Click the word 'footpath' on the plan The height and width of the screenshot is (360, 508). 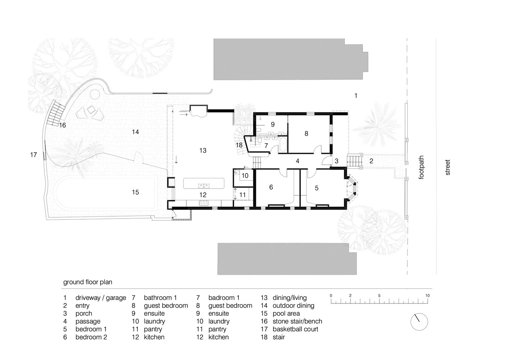tap(421, 167)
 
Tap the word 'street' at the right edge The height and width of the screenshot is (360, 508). tap(448, 167)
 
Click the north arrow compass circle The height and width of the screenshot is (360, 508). tap(419, 321)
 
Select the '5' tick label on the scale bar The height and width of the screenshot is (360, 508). tap(379, 296)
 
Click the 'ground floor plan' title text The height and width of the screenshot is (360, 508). tap(88, 282)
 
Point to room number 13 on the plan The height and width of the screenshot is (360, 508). tap(203, 150)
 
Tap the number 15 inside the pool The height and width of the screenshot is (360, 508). tap(135, 192)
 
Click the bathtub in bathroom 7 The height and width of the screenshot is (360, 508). tap(283, 145)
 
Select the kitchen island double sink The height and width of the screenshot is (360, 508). tap(204, 186)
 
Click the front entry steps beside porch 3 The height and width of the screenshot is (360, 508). tap(354, 161)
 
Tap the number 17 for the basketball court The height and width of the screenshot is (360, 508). tap(33, 155)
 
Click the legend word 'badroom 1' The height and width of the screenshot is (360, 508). tap(224, 298)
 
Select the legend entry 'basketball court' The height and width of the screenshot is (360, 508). tap(295, 329)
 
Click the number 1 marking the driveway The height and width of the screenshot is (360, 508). tap(356, 95)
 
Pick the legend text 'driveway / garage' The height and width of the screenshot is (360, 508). tap(101, 298)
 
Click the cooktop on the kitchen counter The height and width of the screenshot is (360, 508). tap(204, 203)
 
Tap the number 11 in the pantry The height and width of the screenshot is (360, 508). tap(242, 195)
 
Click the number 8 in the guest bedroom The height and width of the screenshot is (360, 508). tap(307, 134)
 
